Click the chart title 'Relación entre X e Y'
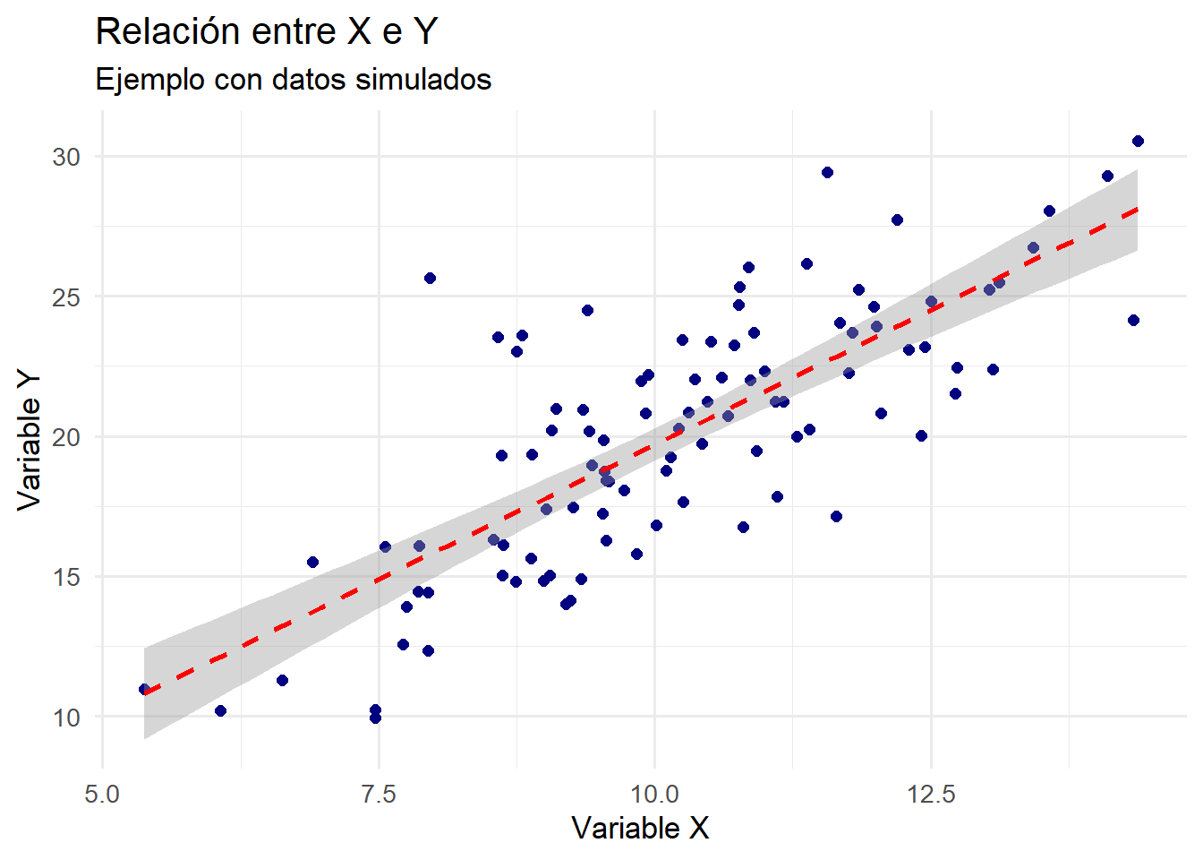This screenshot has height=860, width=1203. click(266, 31)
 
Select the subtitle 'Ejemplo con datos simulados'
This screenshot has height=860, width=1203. click(293, 80)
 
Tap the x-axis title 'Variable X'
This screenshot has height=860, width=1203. click(640, 828)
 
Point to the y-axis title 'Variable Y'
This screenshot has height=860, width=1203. click(29, 441)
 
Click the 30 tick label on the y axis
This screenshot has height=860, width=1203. click(66, 157)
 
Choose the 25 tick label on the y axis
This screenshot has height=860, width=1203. click(66, 297)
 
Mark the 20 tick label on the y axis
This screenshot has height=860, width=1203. click(66, 437)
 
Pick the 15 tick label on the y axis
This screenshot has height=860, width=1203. click(66, 577)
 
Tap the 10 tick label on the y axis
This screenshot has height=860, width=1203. click(66, 718)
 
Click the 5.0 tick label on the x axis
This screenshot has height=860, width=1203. click(102, 795)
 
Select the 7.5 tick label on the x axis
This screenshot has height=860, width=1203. click(379, 795)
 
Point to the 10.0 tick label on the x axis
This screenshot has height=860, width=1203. click(654, 795)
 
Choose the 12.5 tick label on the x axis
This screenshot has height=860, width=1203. click(931, 795)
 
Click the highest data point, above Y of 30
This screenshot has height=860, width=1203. click(1138, 141)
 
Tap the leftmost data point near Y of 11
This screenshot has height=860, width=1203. click(144, 689)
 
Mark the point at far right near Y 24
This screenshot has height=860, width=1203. click(1133, 320)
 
